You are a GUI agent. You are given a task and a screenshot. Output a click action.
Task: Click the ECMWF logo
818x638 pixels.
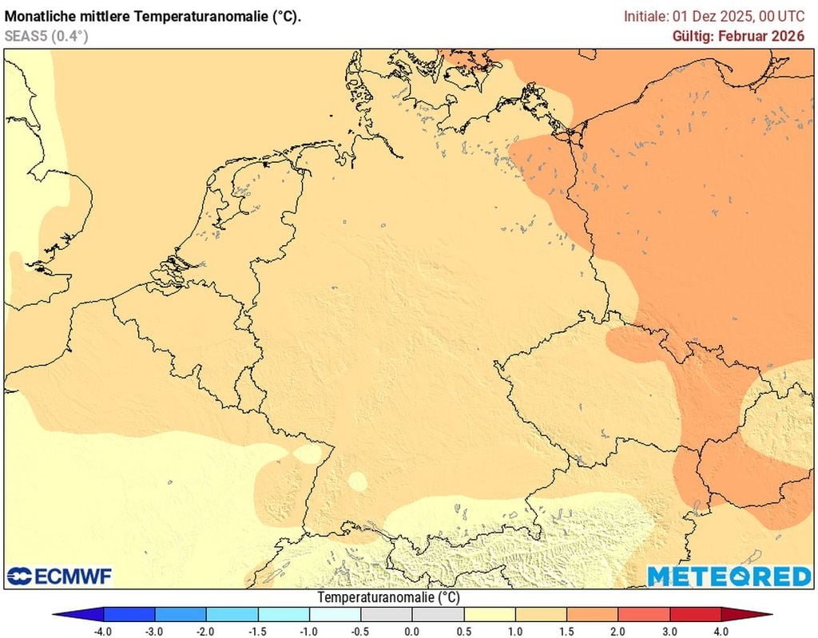[60, 576]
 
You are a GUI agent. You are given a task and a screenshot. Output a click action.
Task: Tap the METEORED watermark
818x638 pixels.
[729, 576]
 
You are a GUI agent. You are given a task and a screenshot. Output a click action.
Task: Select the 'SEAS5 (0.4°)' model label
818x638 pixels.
[46, 35]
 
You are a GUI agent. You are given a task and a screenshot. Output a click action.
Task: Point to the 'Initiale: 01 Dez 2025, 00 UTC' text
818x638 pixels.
[713, 16]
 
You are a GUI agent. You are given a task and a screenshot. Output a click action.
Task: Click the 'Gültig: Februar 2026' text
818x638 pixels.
[739, 36]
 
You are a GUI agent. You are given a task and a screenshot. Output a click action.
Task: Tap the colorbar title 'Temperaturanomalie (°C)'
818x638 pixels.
[388, 597]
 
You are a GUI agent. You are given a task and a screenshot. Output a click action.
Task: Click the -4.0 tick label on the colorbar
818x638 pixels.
[102, 632]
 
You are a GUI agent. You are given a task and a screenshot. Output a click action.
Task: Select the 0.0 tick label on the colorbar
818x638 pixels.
[412, 632]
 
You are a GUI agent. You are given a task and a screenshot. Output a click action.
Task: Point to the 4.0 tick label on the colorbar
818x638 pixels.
[722, 632]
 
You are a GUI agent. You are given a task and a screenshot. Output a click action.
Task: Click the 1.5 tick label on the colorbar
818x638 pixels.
[567, 632]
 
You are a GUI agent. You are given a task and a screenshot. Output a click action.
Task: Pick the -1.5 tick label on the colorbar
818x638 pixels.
[257, 632]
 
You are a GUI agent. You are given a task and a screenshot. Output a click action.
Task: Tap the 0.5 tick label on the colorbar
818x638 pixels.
[464, 632]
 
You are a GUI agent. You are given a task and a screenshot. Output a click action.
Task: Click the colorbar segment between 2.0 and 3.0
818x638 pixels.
[645, 614]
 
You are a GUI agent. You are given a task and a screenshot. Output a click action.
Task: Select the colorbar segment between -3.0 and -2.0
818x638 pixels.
[181, 614]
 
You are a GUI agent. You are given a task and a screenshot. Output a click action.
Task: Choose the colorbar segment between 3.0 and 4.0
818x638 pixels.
[696, 614]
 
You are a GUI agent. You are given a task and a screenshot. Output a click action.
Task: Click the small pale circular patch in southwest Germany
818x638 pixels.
[358, 481]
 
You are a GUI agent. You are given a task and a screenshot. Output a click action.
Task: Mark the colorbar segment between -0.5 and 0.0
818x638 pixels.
[387, 614]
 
